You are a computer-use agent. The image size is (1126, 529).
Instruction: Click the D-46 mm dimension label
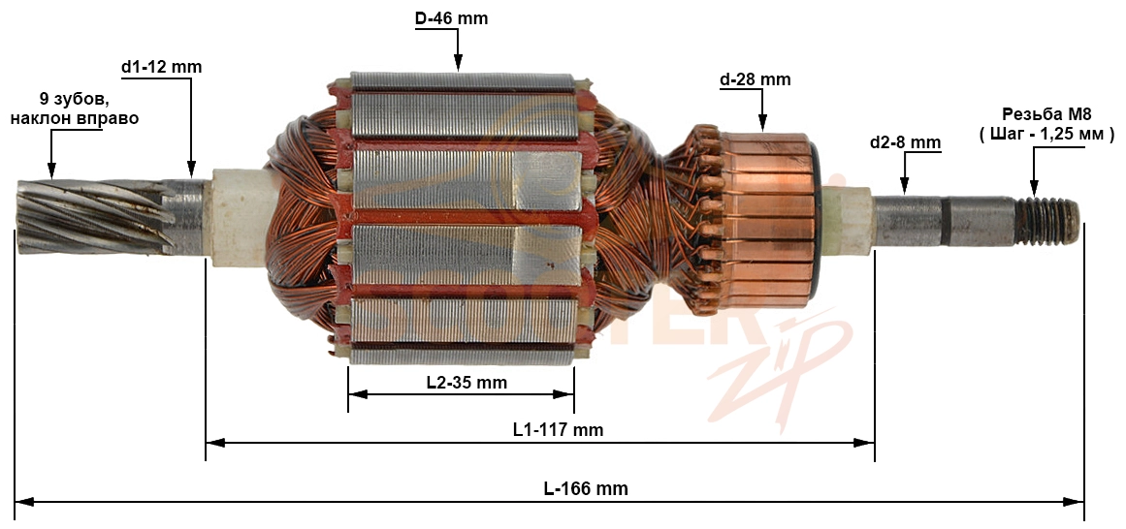click(451, 18)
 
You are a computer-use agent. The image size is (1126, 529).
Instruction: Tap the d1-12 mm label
click(162, 68)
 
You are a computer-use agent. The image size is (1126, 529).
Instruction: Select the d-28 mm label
click(755, 79)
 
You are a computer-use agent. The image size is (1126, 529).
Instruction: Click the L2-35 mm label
click(466, 383)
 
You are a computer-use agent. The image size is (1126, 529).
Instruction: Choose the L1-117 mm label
click(558, 430)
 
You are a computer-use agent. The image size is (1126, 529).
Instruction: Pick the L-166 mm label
click(586, 489)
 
